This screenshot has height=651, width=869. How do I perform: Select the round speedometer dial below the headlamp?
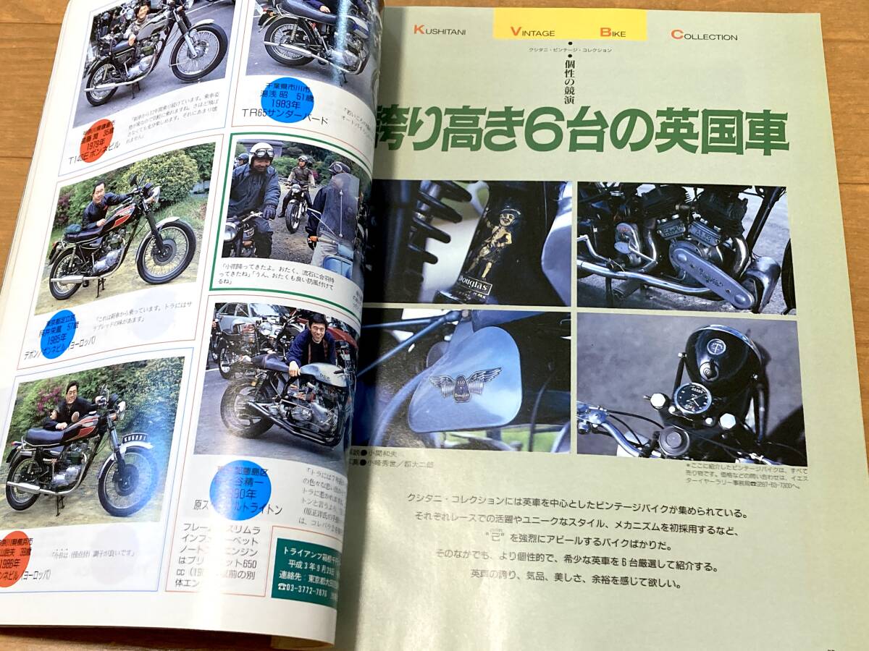click(692, 397)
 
